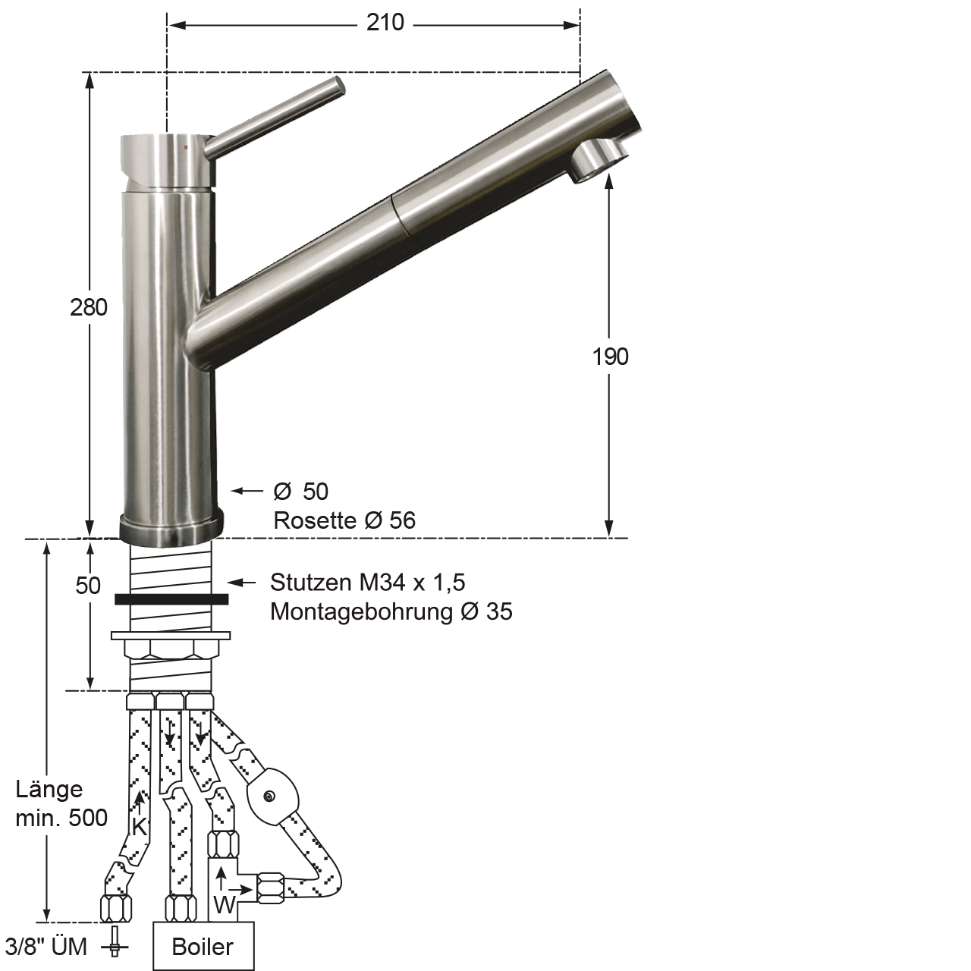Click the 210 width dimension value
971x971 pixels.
click(x=385, y=23)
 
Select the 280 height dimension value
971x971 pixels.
click(x=89, y=307)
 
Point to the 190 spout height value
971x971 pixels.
click(x=611, y=357)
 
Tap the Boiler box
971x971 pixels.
click(x=203, y=947)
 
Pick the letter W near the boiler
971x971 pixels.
click(x=224, y=904)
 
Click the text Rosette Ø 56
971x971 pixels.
click(x=344, y=520)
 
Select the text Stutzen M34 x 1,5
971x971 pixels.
click(x=368, y=583)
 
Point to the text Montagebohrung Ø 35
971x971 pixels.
click(x=391, y=611)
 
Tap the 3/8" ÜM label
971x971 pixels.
click(x=46, y=947)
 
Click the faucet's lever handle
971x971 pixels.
click(x=277, y=118)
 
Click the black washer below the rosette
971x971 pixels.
click(x=171, y=599)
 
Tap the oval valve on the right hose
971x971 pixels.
click(x=272, y=797)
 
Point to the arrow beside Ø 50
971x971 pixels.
click(x=247, y=492)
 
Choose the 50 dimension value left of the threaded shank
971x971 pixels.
click(x=89, y=586)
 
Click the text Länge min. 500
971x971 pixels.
click(x=61, y=804)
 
